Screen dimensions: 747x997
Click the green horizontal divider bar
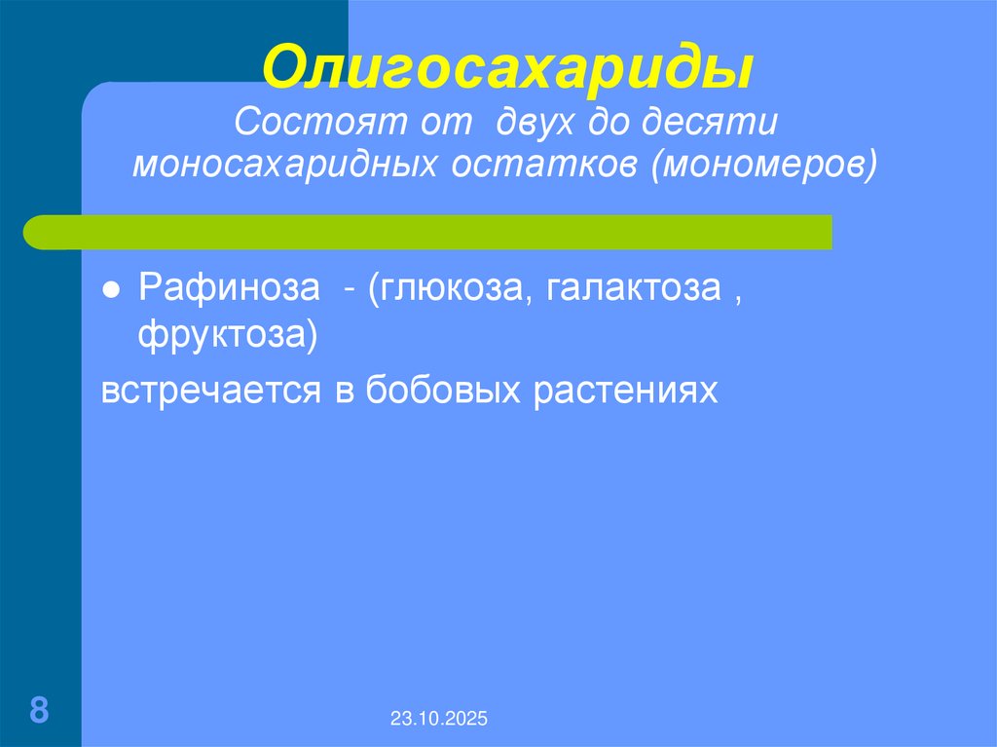tap(428, 232)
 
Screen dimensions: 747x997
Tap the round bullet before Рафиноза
tap(112, 292)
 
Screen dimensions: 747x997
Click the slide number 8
tap(39, 709)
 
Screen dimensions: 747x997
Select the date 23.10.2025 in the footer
tap(440, 720)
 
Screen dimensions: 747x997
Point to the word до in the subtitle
tap(609, 124)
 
